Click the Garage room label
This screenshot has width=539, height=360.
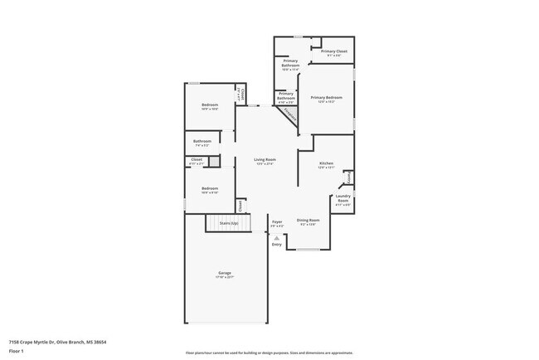[x=225, y=273]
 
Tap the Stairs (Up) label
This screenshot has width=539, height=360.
[x=228, y=223]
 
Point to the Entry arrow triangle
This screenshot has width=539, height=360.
[x=277, y=237]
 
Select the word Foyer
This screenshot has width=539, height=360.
[x=277, y=221]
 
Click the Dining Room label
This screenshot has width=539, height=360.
[x=308, y=220]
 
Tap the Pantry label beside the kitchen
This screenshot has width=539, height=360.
[x=349, y=178]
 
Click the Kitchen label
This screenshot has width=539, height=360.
[x=326, y=163]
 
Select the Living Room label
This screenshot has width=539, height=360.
[x=265, y=159]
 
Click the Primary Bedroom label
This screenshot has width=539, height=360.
[x=327, y=98]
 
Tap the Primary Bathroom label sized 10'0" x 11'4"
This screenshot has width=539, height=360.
[x=290, y=63]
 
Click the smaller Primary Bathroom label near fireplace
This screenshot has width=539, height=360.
[x=285, y=95]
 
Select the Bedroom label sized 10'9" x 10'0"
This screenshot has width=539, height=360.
[x=210, y=105]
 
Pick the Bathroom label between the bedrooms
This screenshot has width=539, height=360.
[x=202, y=141]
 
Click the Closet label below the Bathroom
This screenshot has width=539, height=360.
[x=197, y=159]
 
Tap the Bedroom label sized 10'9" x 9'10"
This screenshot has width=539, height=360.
[x=210, y=188]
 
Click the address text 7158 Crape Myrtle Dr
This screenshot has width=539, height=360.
[x=36, y=342]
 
